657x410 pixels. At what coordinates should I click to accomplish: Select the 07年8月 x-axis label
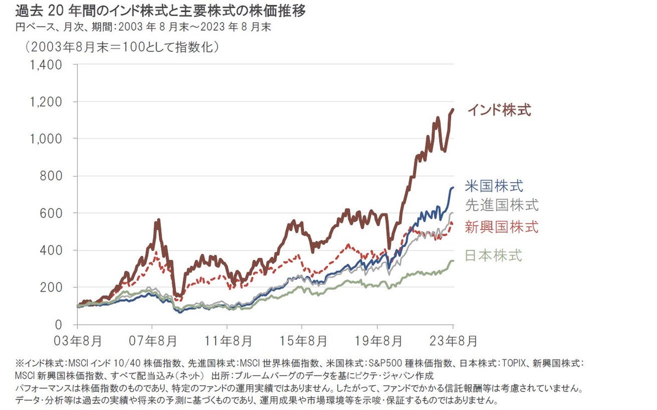coord(153,341)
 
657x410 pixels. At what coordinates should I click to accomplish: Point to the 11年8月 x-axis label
coord(227,341)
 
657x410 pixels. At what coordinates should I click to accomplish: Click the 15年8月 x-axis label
coord(302,341)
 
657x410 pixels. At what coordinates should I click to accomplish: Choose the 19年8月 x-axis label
coord(377,341)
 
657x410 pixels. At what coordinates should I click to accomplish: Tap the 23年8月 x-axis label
coord(452,341)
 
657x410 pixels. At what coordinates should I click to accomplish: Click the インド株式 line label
coord(499,110)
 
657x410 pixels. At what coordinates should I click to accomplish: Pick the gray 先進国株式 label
coord(502,205)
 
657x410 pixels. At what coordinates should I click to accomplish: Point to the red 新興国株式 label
coord(502,226)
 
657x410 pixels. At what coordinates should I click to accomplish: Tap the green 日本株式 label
coord(493,255)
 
